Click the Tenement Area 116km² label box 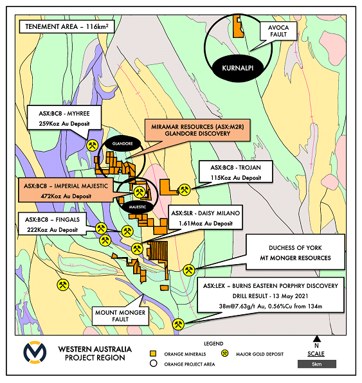(66, 26)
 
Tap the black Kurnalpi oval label (238, 68)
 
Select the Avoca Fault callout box (278, 31)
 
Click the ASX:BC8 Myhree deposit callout (64, 118)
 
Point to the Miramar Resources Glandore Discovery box (197, 130)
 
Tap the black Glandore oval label (122, 144)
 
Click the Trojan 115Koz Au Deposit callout (235, 172)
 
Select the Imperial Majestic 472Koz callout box (66, 190)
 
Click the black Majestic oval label (138, 207)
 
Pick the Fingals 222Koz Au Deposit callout (52, 224)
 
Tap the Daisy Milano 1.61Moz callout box (206, 217)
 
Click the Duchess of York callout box (295, 252)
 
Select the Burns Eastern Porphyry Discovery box (271, 295)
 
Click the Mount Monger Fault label (120, 316)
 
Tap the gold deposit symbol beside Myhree (93, 145)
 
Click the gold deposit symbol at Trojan (185, 190)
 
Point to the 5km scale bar (317, 364)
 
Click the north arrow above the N (317, 339)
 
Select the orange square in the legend (153, 353)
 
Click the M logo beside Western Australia (35, 352)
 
